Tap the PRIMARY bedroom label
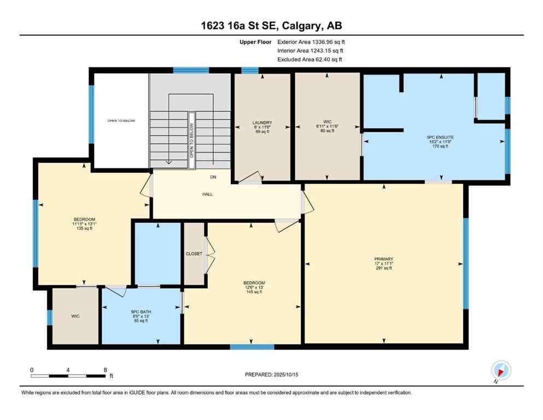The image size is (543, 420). pyautogui.click(x=384, y=259)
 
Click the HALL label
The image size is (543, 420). pyautogui.click(x=207, y=194)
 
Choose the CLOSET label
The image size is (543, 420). pyautogui.click(x=194, y=254)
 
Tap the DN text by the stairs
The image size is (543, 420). pyautogui.click(x=213, y=177)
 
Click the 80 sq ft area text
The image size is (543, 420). pyautogui.click(x=327, y=131)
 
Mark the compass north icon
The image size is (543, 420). pyautogui.click(x=500, y=370)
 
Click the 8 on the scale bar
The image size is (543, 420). pyautogui.click(x=105, y=370)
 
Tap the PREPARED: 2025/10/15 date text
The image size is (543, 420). pyautogui.click(x=272, y=375)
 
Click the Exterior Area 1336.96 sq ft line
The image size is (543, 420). pyautogui.click(x=311, y=42)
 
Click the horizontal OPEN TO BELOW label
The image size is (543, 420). pyautogui.click(x=121, y=121)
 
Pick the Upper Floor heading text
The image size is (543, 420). pyautogui.click(x=256, y=42)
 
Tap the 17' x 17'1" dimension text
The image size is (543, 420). pyautogui.click(x=384, y=265)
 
